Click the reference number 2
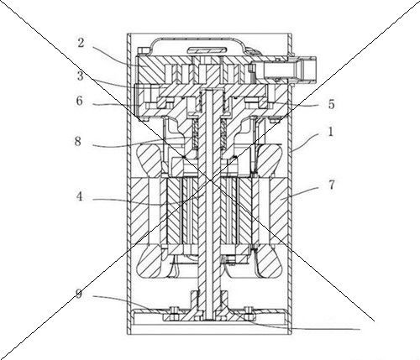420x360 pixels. (81, 43)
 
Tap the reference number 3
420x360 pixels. (81, 76)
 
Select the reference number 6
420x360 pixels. (80, 101)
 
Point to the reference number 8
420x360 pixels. (77, 142)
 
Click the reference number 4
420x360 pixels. (80, 197)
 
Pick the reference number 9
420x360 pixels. (79, 295)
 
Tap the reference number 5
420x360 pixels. (331, 104)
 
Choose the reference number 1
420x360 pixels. (331, 132)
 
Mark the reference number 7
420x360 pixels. (331, 185)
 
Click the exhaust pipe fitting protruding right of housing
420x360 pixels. (304, 69)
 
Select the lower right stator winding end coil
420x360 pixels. (270, 261)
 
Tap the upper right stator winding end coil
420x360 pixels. (270, 160)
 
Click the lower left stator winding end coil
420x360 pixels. (150, 262)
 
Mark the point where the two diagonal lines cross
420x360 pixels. (211, 181)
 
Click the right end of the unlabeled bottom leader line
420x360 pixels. (360, 330)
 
